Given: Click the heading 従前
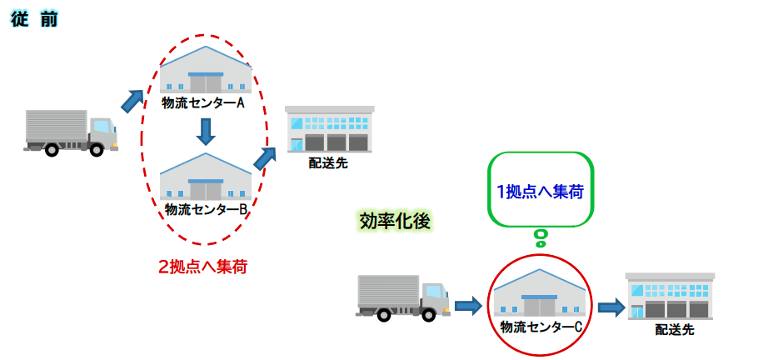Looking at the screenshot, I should [x=34, y=19].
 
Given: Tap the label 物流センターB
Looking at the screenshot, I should [x=206, y=209].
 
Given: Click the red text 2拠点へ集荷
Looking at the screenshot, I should [x=203, y=267].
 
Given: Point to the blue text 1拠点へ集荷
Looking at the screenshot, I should [x=540, y=191].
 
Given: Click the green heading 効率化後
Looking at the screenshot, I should [x=393, y=221].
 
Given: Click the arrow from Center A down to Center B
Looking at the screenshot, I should [x=206, y=131].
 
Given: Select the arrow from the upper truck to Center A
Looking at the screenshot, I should [x=133, y=100].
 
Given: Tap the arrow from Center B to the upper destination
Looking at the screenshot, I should [x=266, y=158].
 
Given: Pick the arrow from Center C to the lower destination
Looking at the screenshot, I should [x=611, y=307].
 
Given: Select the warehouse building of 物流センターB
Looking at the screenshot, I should [x=206, y=178].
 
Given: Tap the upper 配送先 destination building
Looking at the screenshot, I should [x=328, y=130].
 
